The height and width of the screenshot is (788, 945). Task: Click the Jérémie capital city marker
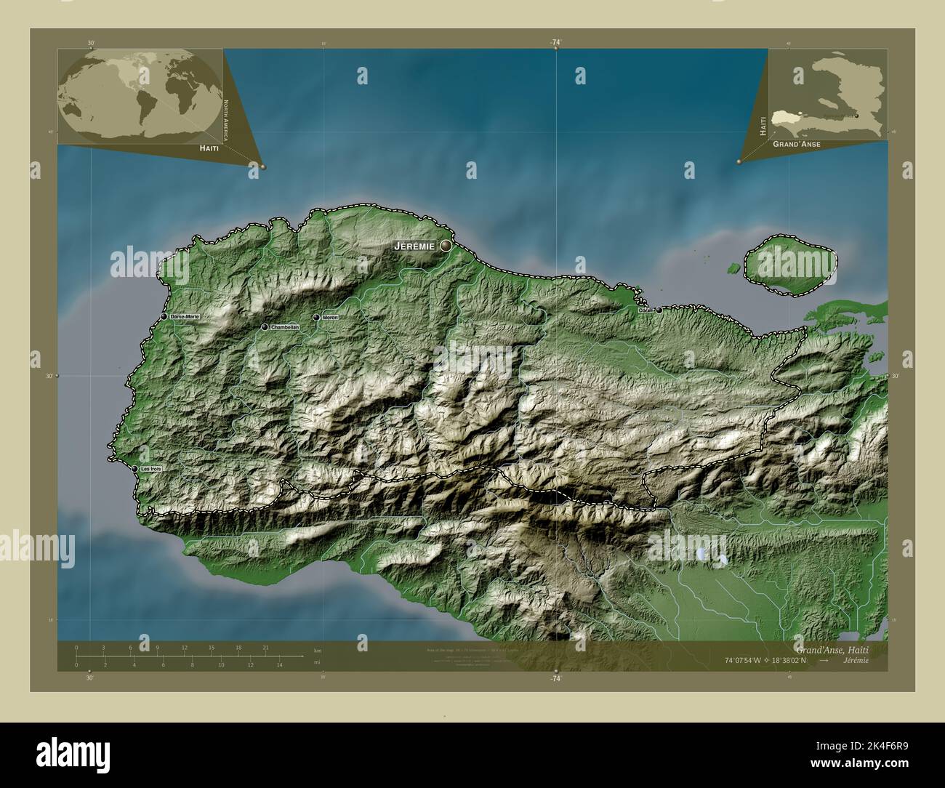(x=445, y=246)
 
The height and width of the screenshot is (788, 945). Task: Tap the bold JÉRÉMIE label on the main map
(x=414, y=246)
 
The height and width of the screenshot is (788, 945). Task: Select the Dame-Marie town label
(x=184, y=317)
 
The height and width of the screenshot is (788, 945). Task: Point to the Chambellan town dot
(x=265, y=327)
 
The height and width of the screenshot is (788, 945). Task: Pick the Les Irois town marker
(x=135, y=469)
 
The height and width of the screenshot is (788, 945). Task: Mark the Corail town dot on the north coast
(x=659, y=310)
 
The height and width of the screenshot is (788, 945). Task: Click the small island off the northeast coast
(x=789, y=268)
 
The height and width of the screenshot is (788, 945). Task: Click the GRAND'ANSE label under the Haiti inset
(x=797, y=145)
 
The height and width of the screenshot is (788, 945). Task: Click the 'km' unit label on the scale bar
(x=317, y=650)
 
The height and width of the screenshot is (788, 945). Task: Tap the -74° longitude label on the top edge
(x=556, y=43)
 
